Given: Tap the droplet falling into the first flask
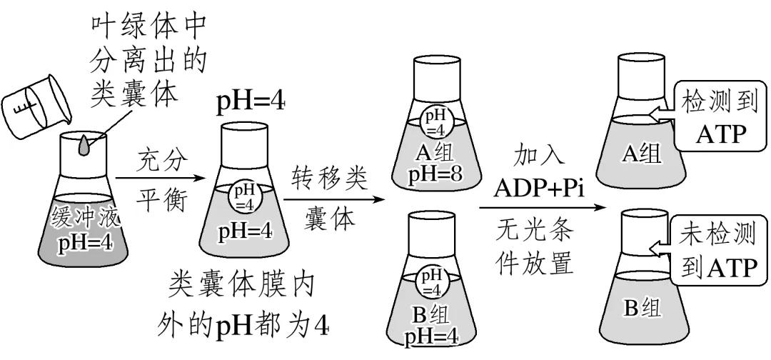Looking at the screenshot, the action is tap(86, 144).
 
